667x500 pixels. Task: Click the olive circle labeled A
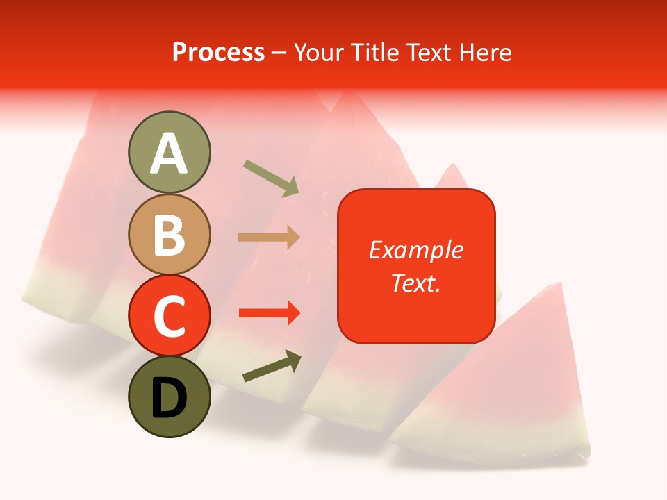coord(169,152)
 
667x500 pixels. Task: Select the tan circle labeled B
coord(169,234)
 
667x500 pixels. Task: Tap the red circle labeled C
coord(169,315)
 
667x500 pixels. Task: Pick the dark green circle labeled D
coord(169,397)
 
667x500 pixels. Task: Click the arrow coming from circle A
coord(271,177)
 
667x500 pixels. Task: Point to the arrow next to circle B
coord(269,237)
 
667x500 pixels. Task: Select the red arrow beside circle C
coord(269,313)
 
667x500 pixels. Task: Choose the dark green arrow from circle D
coord(272,367)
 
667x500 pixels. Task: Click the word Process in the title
coord(218,53)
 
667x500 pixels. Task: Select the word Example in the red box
coord(416,250)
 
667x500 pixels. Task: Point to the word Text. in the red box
coord(416,283)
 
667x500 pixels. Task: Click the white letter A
coord(169,153)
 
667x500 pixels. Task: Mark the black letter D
coord(169,398)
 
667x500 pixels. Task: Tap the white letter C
coord(169,317)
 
